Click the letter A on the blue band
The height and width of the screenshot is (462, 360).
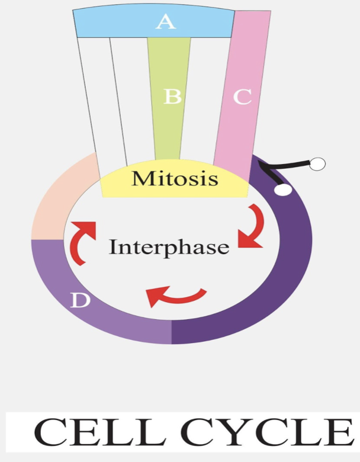165,23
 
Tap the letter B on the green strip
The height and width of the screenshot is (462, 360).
172,97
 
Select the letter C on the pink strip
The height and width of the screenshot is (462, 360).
242,97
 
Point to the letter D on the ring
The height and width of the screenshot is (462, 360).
80,301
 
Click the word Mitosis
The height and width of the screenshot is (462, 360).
175,178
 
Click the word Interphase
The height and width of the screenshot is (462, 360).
169,247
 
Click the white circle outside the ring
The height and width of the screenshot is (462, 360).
317,164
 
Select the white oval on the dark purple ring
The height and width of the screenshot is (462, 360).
283,189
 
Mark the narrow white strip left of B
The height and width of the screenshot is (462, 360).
134,101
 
